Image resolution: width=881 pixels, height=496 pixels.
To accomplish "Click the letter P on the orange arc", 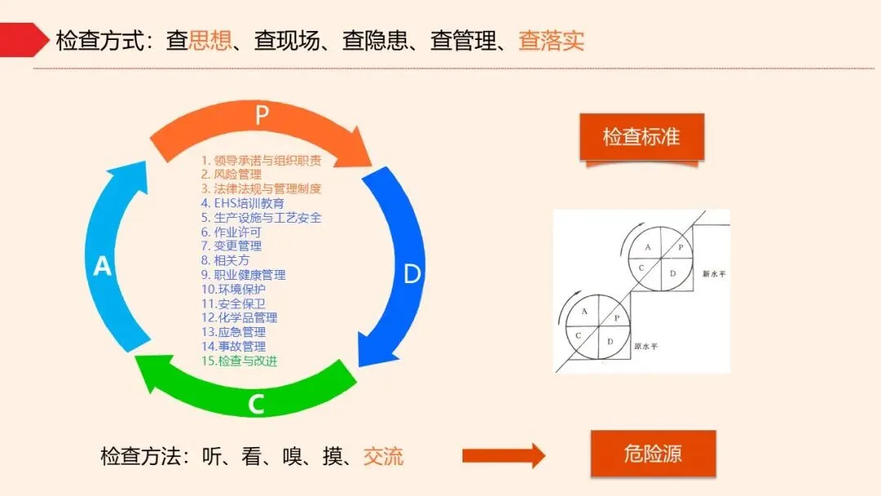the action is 262,115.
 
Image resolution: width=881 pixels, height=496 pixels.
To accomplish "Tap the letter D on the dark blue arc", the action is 413,274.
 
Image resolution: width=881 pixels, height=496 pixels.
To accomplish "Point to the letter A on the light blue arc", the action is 103,266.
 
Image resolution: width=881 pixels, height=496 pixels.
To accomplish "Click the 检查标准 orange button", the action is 641,136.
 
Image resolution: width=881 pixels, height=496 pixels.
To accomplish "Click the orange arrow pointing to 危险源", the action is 503,455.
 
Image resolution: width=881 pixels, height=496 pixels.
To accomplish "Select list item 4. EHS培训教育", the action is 242,203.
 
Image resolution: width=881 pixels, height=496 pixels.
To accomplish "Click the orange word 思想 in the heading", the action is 210,41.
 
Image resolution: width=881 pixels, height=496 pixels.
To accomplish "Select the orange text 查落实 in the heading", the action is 551,41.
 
